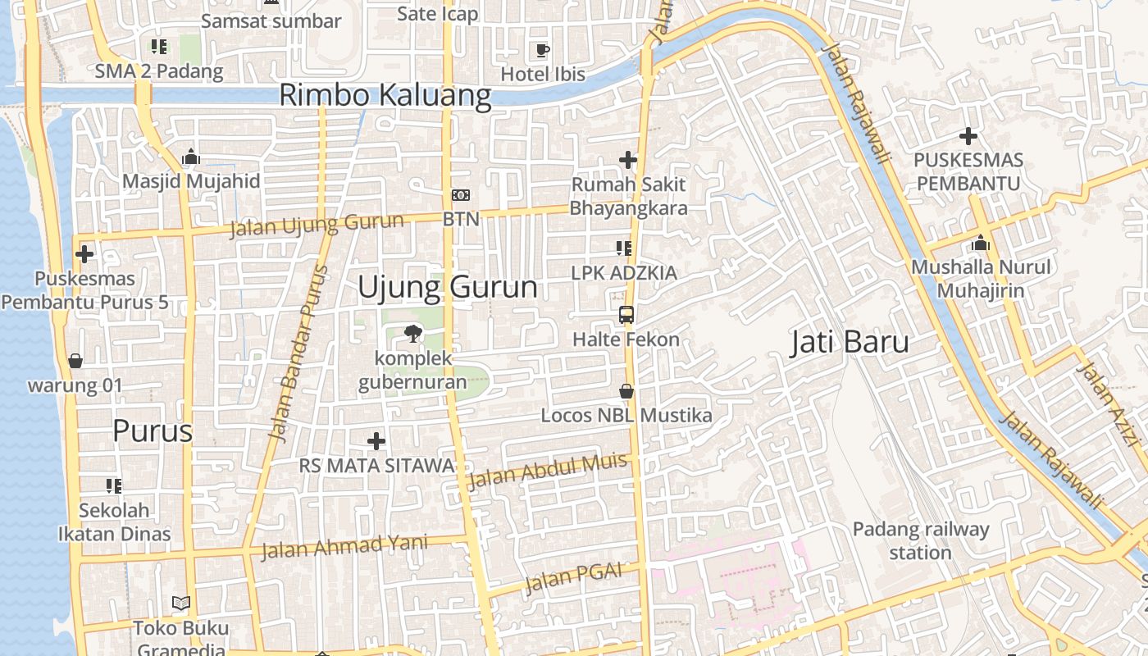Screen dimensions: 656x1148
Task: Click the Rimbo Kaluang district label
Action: coord(385,95)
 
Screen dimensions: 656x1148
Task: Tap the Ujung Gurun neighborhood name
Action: coord(448,288)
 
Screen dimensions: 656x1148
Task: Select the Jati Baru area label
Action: coord(850,342)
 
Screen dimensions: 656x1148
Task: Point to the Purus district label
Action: coord(153,430)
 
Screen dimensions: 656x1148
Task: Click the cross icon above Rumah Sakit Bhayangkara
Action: coord(628,160)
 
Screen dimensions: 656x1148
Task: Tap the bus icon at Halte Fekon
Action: coord(626,315)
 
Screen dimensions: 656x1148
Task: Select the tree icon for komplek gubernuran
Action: coord(412,334)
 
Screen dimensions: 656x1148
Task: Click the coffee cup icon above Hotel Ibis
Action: coord(542,51)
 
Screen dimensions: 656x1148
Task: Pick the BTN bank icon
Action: coord(461,195)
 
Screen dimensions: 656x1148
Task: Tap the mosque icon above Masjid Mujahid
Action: coord(191,157)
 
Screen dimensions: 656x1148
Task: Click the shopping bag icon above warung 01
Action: coord(75,361)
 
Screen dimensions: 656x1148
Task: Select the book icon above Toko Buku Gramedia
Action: coord(181,604)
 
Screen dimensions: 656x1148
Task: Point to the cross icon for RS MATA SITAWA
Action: coord(376,441)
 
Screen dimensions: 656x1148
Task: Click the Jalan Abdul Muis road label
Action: coord(547,471)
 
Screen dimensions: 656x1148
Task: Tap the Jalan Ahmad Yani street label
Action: coord(344,546)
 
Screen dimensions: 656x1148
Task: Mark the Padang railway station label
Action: coord(920,540)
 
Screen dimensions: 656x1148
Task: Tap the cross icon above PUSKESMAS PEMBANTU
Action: coord(968,136)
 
